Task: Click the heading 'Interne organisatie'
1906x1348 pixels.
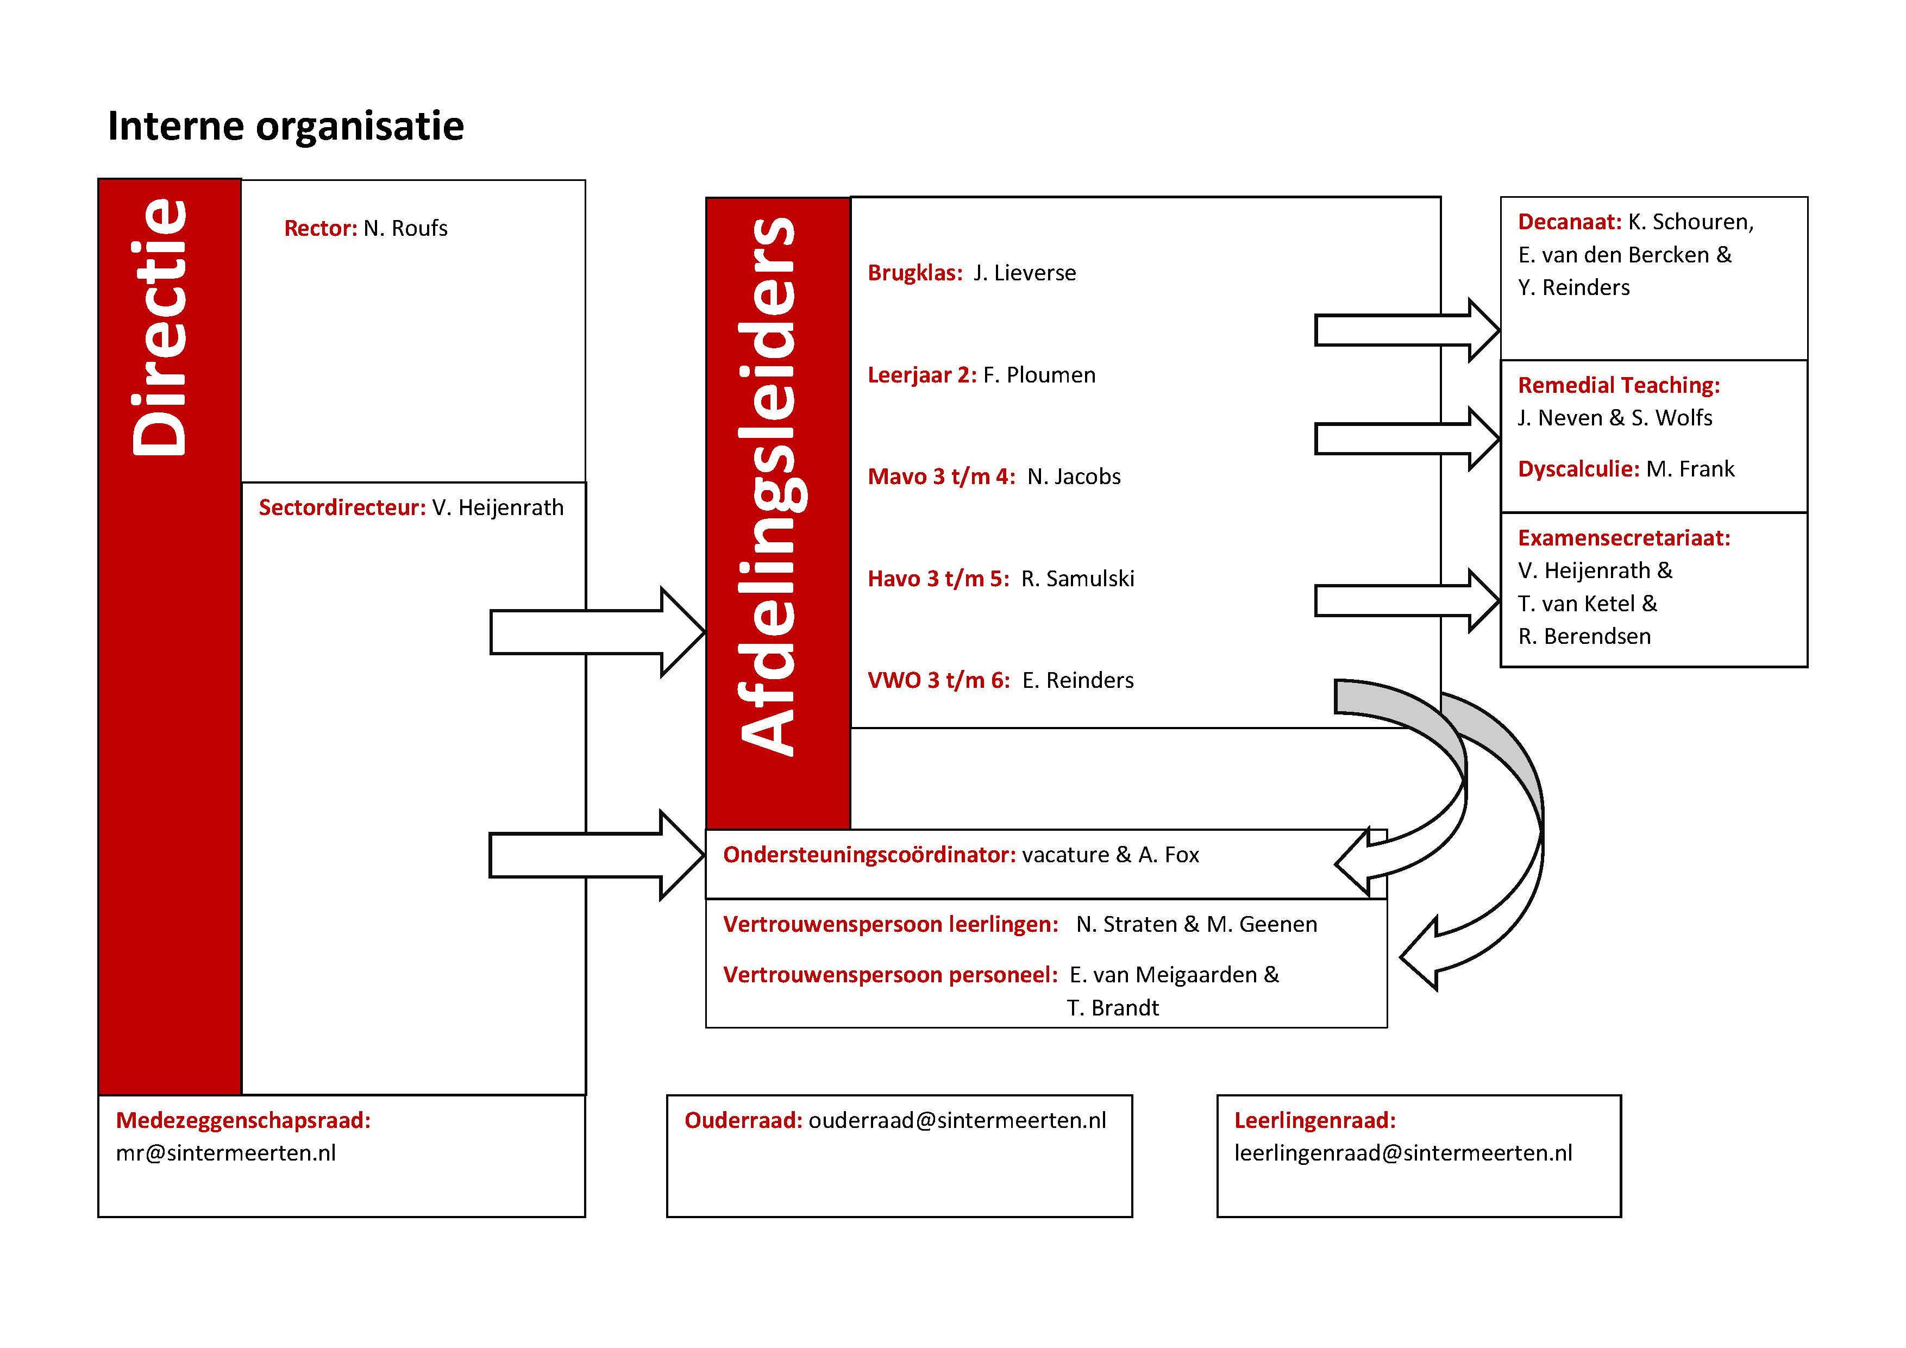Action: pyautogui.click(x=286, y=126)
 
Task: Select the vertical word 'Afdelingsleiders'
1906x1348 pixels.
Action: pyautogui.click(x=768, y=486)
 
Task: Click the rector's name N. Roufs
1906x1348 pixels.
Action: pyautogui.click(x=405, y=228)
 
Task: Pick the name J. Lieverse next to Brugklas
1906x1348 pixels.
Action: pyautogui.click(x=1024, y=273)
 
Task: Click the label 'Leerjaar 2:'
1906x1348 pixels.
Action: pyautogui.click(x=922, y=375)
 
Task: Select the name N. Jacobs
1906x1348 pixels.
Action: pyautogui.click(x=1074, y=476)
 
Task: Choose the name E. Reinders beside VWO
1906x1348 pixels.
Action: pyautogui.click(x=1077, y=681)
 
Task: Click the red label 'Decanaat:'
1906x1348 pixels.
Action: pyautogui.click(x=1570, y=222)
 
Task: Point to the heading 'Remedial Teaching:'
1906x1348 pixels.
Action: pyautogui.click(x=1619, y=385)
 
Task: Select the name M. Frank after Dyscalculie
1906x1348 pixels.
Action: pyautogui.click(x=1690, y=469)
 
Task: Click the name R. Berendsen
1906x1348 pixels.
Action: pyautogui.click(x=1585, y=637)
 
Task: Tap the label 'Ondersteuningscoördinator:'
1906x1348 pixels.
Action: pyautogui.click(x=869, y=855)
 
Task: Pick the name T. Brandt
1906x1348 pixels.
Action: pyautogui.click(x=1112, y=1008)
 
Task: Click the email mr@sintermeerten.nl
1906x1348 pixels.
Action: pyautogui.click(x=226, y=1153)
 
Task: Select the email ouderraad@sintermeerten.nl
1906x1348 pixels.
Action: pyautogui.click(x=957, y=1120)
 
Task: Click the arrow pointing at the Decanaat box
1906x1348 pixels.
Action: pyautogui.click(x=1407, y=330)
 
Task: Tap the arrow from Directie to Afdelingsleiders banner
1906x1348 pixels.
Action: pyautogui.click(x=598, y=632)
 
